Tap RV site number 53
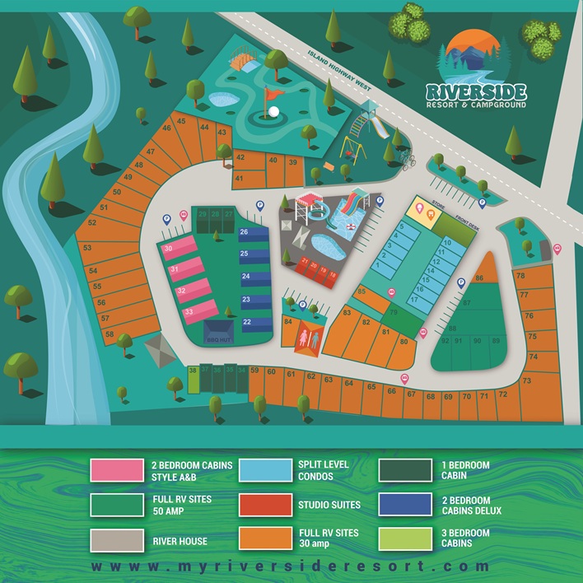(87, 247)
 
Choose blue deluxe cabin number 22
(246, 321)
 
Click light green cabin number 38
(193, 371)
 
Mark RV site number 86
(478, 278)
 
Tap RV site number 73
(526, 380)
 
